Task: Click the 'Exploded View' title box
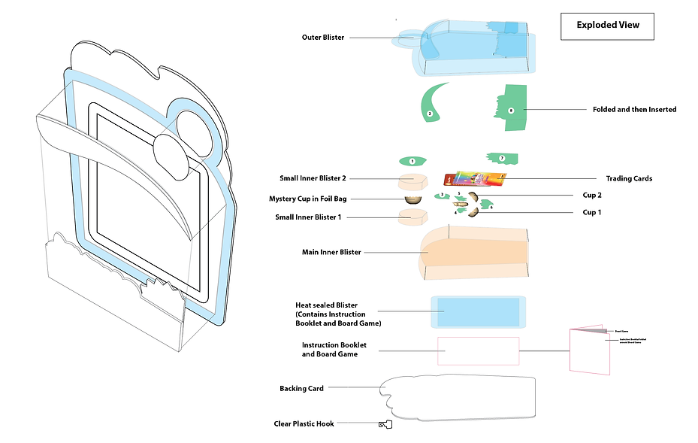(x=608, y=26)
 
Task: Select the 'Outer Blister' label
(x=323, y=37)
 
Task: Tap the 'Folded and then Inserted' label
(x=634, y=109)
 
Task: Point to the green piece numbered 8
(x=512, y=109)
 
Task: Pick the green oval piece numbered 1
(x=412, y=161)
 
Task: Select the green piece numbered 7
(x=503, y=158)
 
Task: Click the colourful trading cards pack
(x=476, y=178)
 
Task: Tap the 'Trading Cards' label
(x=629, y=178)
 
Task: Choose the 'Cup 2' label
(x=593, y=195)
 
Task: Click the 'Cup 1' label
(x=593, y=212)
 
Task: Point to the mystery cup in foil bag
(x=412, y=199)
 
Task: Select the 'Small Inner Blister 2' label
(x=313, y=178)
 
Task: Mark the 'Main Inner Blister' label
(x=331, y=252)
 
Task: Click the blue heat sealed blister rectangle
(x=479, y=311)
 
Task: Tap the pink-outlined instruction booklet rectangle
(x=479, y=351)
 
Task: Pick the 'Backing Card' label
(x=301, y=388)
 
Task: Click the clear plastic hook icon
(x=386, y=425)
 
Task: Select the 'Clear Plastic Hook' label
(x=304, y=424)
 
